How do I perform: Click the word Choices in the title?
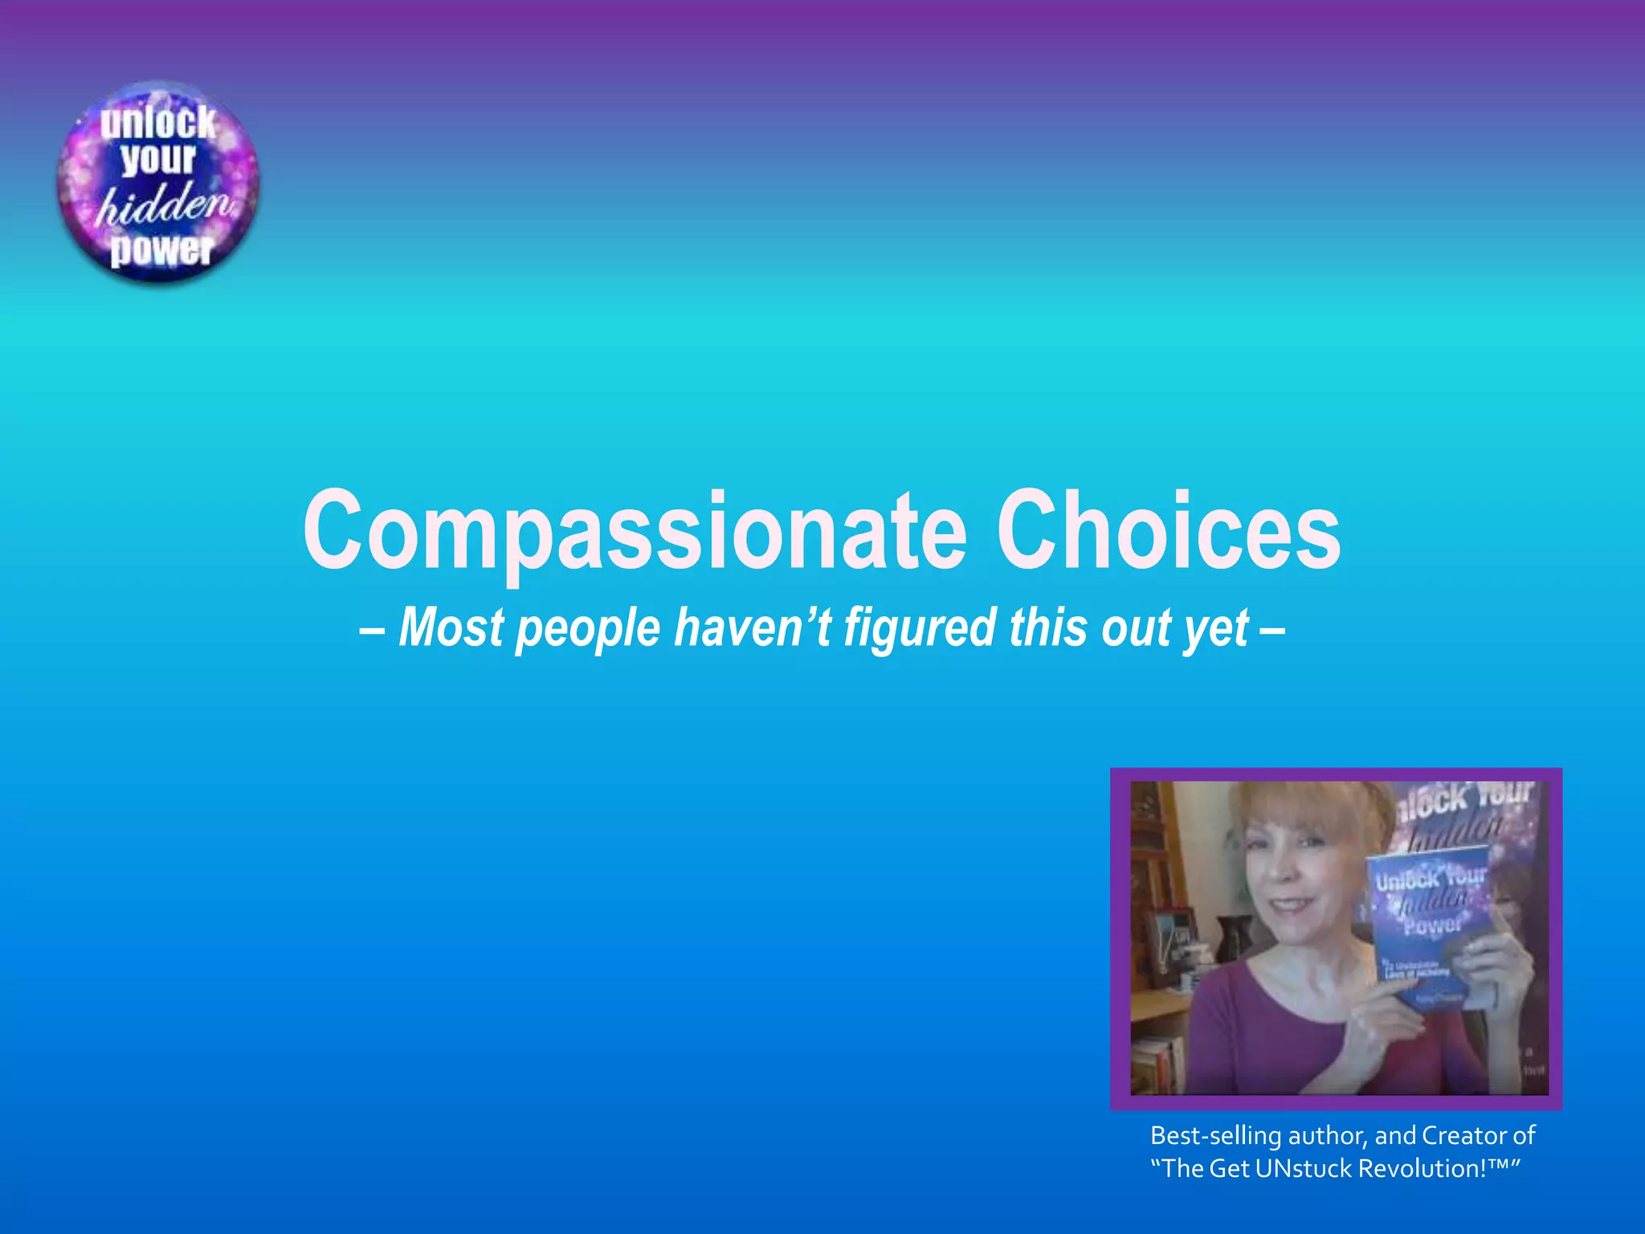1169,530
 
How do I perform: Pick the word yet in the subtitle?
1216,628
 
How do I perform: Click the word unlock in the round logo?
158,123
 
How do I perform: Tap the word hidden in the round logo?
165,206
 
